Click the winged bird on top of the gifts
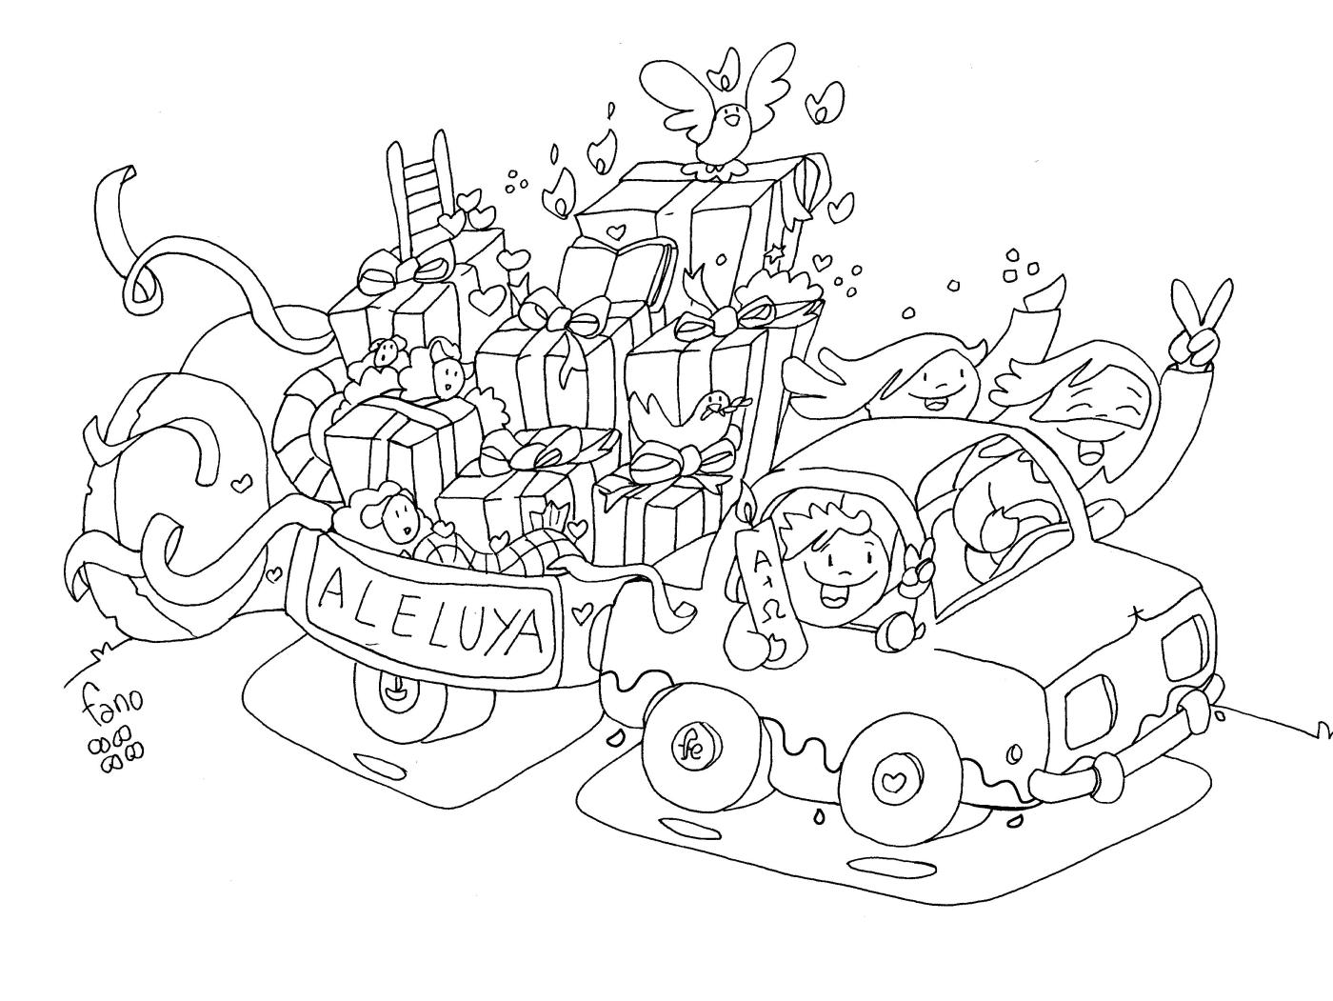coord(728,119)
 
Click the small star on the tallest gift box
coord(776,252)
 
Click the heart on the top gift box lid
coord(617,230)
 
